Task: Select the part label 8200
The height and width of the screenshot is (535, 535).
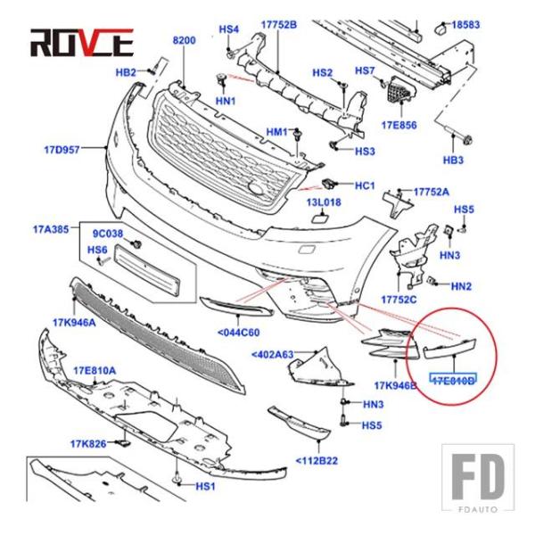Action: pyautogui.click(x=184, y=41)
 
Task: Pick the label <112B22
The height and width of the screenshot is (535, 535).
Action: pyautogui.click(x=317, y=461)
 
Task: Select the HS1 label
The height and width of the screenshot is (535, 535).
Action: pyautogui.click(x=206, y=487)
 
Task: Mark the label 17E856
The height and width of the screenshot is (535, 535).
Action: pyautogui.click(x=398, y=125)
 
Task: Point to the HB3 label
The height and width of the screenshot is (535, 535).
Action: pyautogui.click(x=453, y=160)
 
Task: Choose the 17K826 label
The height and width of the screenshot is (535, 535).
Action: pyautogui.click(x=89, y=443)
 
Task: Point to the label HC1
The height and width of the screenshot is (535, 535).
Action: pyautogui.click(x=364, y=185)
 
